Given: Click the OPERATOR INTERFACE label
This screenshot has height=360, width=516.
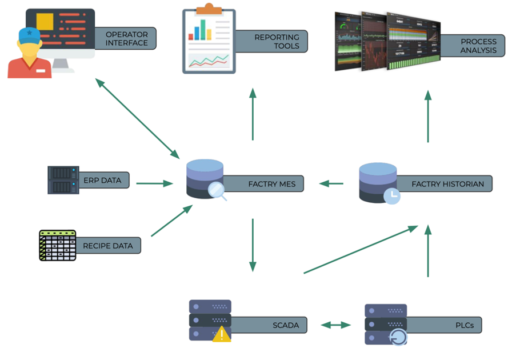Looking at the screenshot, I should point(126,39).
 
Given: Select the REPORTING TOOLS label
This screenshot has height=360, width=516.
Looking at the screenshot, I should point(277,41).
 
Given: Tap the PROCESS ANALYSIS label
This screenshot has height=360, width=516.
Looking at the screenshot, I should point(479,46).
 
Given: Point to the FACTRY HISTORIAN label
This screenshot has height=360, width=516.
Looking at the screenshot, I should point(447,185).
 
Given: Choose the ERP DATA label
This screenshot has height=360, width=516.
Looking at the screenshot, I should point(103,181).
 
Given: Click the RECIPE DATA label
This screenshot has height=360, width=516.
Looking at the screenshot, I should point(107,246).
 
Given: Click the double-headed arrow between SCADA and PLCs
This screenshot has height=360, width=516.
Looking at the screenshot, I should point(335,325).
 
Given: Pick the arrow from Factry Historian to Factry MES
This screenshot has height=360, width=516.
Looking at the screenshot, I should point(331,183).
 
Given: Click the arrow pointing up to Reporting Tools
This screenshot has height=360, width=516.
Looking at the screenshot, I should point(252,114).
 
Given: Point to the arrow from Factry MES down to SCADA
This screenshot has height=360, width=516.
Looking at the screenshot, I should point(252,245).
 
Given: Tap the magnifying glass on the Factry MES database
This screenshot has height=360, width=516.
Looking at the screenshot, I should point(218,191).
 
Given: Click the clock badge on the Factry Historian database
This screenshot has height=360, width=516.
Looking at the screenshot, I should point(392,195).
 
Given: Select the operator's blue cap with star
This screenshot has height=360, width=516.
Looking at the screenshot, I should point(29,35).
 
